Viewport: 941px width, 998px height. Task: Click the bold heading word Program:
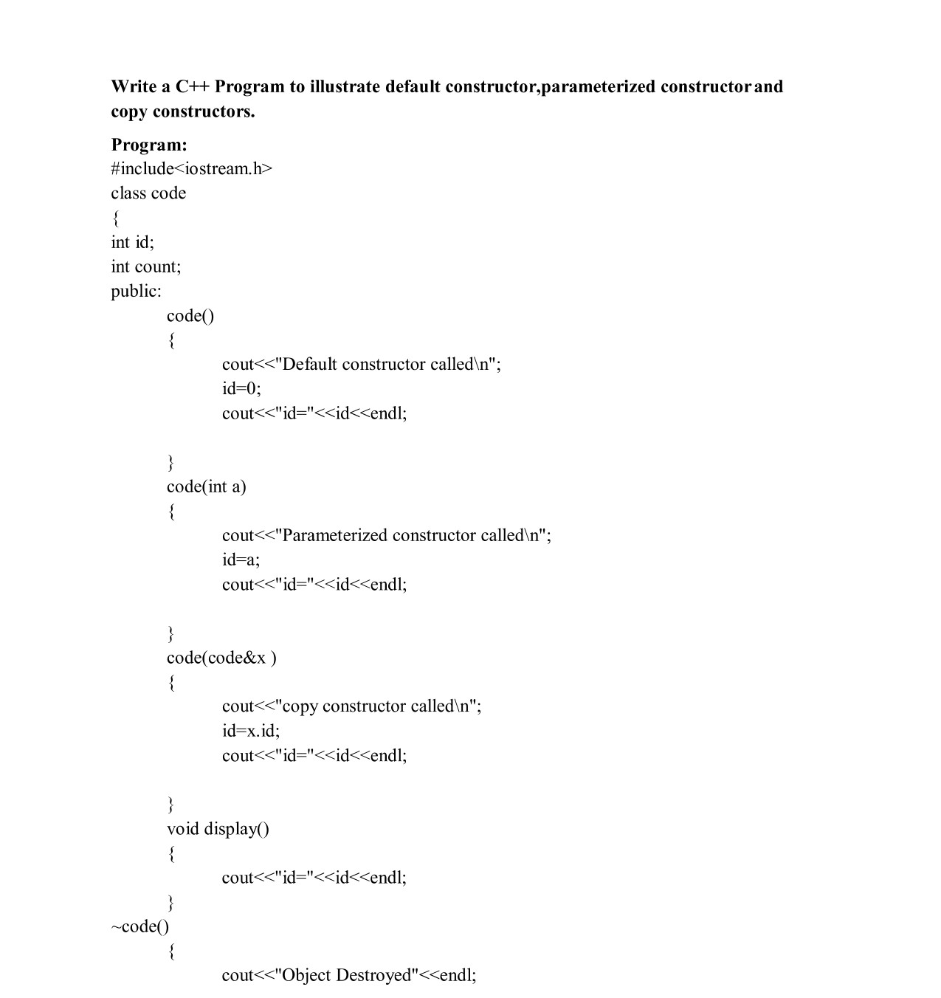[x=149, y=144]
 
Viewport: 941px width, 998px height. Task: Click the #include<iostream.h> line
[x=191, y=168]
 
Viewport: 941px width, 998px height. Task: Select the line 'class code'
[x=148, y=193]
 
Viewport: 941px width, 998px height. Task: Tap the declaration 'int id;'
[x=132, y=242]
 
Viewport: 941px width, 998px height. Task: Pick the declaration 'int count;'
[x=145, y=266]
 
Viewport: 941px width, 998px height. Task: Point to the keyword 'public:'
[x=136, y=291]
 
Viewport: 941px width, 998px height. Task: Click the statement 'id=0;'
[x=241, y=388]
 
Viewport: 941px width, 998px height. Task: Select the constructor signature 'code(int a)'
[x=206, y=486]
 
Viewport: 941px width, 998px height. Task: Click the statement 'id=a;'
[x=241, y=560]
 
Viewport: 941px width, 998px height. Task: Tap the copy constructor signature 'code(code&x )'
[x=221, y=657]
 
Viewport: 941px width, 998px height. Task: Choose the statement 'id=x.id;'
[x=251, y=731]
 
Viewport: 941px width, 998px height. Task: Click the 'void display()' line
[x=218, y=828]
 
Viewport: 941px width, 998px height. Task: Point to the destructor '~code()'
[x=140, y=926]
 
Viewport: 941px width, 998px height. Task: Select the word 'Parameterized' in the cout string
[x=334, y=535]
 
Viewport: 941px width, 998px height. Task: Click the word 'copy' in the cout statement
[x=300, y=706]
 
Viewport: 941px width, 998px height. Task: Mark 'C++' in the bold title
[x=193, y=86]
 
